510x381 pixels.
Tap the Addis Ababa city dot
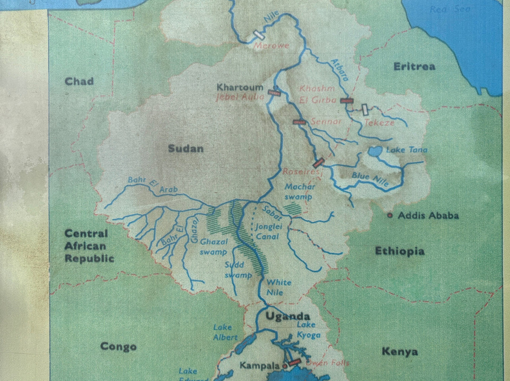click(x=390, y=215)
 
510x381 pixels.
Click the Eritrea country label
click(x=414, y=66)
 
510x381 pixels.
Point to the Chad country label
click(x=79, y=82)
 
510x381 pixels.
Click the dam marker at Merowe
click(x=258, y=35)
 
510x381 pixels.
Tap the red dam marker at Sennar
click(x=299, y=122)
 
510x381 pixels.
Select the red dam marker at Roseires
click(x=319, y=163)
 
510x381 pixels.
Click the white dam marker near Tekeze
click(x=365, y=109)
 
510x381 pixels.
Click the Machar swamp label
click(x=300, y=191)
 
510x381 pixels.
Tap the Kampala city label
click(x=260, y=365)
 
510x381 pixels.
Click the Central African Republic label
click(x=89, y=246)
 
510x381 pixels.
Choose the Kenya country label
click(x=399, y=351)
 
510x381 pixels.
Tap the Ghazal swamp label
click(x=214, y=246)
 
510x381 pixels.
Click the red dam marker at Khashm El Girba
click(x=347, y=100)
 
